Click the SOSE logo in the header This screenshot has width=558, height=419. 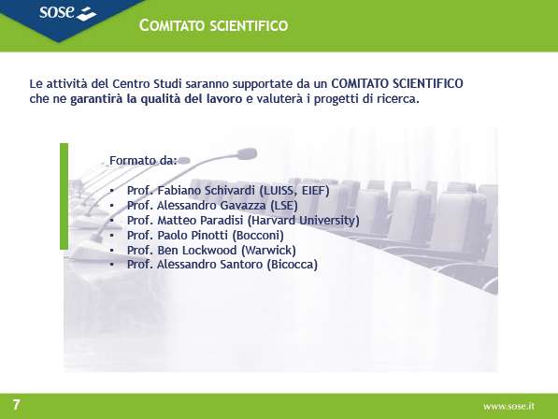(67, 12)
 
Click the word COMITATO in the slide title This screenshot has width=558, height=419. (172, 25)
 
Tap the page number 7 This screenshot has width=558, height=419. (17, 405)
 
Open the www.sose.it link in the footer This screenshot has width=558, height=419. (508, 406)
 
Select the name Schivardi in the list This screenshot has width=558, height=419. (230, 191)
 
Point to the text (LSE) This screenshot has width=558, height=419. (283, 206)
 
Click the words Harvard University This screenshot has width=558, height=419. (303, 221)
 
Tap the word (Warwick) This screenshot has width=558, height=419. (268, 251)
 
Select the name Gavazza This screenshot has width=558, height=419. (243, 206)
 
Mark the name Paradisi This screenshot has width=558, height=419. (222, 221)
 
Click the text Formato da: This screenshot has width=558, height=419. (143, 161)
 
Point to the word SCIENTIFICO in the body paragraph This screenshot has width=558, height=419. (427, 83)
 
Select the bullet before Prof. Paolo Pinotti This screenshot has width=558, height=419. (112, 236)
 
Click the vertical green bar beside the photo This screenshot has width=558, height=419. (64, 196)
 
